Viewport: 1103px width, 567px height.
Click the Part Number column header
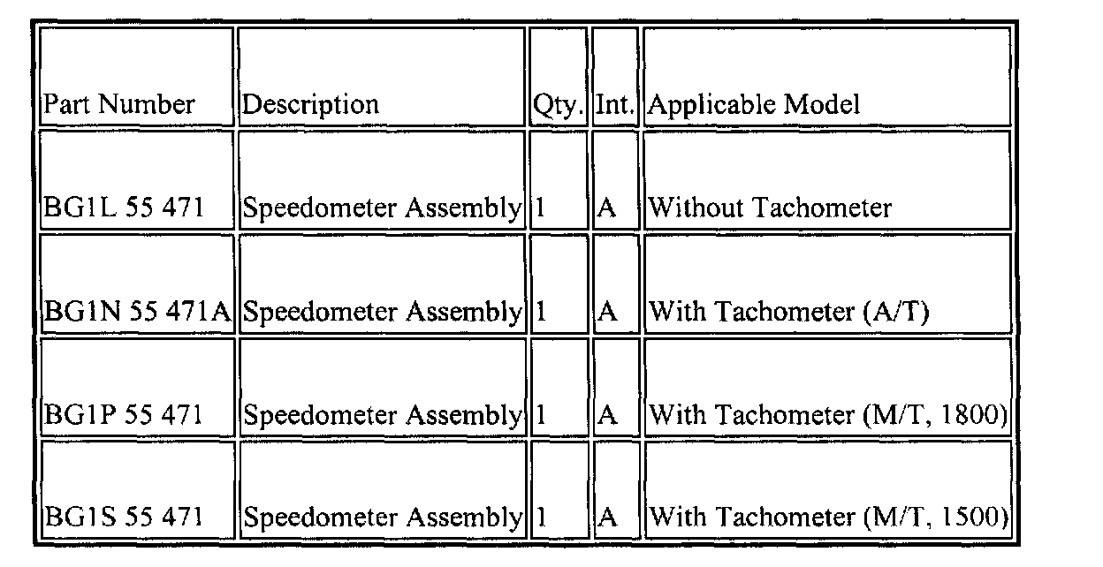[119, 104]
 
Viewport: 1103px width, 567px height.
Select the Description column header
[310, 104]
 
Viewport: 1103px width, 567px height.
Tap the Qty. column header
[559, 105]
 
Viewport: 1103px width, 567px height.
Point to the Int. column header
[615, 105]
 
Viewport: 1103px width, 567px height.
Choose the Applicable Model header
[754, 105]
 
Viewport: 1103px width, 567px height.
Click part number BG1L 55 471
[124, 208]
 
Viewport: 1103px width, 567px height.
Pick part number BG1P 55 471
[124, 414]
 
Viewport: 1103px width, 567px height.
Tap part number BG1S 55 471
[124, 517]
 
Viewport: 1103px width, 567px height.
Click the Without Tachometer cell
[770, 208]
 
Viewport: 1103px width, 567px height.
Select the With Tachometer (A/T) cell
[788, 311]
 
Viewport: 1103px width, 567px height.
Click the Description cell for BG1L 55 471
[381, 208]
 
